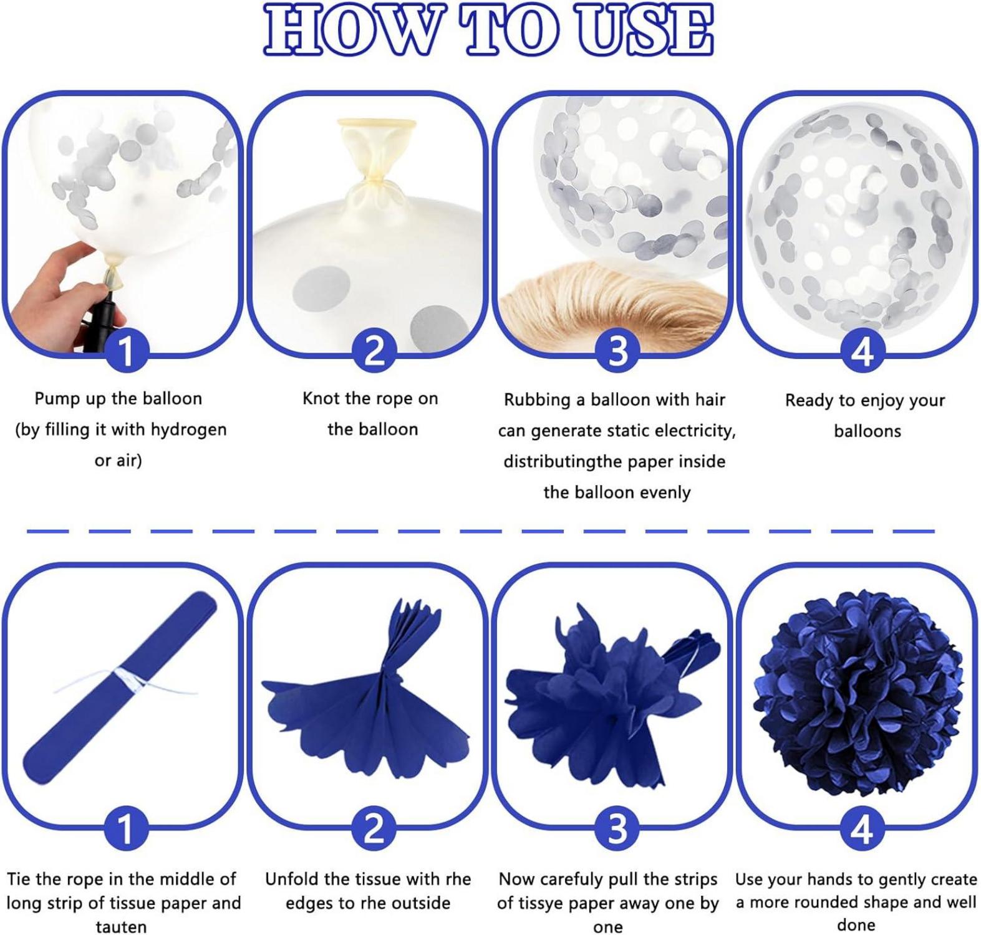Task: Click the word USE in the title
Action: (x=644, y=29)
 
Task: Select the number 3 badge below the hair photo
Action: (x=617, y=350)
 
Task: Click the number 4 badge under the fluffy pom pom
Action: (x=862, y=830)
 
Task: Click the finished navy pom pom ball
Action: (x=859, y=693)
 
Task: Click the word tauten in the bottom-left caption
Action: (x=121, y=927)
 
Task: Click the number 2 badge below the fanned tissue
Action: (x=374, y=830)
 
